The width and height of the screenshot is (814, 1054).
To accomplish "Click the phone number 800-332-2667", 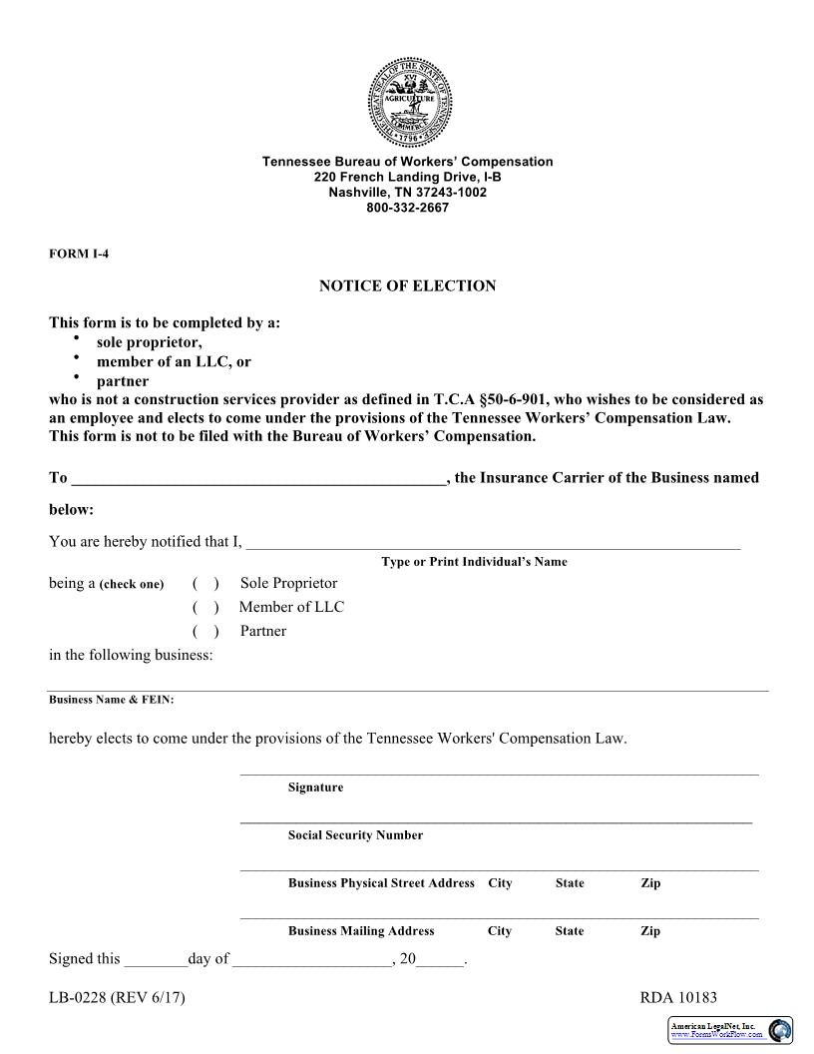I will click(x=407, y=208).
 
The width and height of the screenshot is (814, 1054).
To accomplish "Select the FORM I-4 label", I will click(x=79, y=254).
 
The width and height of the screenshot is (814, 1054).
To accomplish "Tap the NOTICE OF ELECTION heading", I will click(x=407, y=286).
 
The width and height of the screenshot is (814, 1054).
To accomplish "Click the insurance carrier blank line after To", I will click(x=258, y=479).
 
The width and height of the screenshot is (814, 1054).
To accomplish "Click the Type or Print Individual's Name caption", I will click(x=474, y=562).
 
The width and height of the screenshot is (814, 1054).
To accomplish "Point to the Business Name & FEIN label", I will click(x=112, y=700).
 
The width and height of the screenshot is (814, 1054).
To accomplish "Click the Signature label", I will click(x=315, y=788).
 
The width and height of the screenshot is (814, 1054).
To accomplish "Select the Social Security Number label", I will click(x=355, y=835).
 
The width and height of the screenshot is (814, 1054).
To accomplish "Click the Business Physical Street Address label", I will click(x=381, y=883).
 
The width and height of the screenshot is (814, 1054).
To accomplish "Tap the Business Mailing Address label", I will click(x=361, y=931).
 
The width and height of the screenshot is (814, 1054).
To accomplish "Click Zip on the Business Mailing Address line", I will click(x=650, y=931).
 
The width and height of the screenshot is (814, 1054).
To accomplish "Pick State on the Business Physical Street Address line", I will click(x=570, y=883).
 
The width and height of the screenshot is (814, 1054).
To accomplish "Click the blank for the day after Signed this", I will click(x=156, y=960).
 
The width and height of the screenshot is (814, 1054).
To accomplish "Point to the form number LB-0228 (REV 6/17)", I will click(x=117, y=998).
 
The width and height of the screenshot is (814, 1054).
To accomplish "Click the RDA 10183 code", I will click(x=678, y=998).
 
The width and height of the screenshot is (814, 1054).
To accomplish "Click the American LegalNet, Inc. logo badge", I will click(x=730, y=1030).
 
